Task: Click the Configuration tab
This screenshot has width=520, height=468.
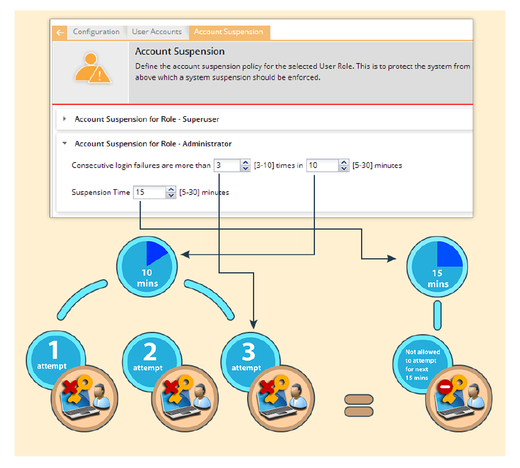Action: pyautogui.click(x=96, y=32)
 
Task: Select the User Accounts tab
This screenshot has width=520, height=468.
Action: pyautogui.click(x=157, y=32)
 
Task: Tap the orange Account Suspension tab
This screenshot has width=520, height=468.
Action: pyautogui.click(x=228, y=32)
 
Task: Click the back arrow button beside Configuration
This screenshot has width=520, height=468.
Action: pyautogui.click(x=60, y=33)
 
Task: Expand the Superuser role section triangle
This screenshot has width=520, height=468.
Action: pyautogui.click(x=64, y=119)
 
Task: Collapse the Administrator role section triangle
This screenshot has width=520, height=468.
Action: pyautogui.click(x=64, y=144)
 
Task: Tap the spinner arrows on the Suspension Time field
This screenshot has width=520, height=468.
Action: pyautogui.click(x=171, y=192)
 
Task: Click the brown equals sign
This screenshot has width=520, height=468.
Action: pyautogui.click(x=358, y=405)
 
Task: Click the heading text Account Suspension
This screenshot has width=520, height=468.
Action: pyautogui.click(x=180, y=51)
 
